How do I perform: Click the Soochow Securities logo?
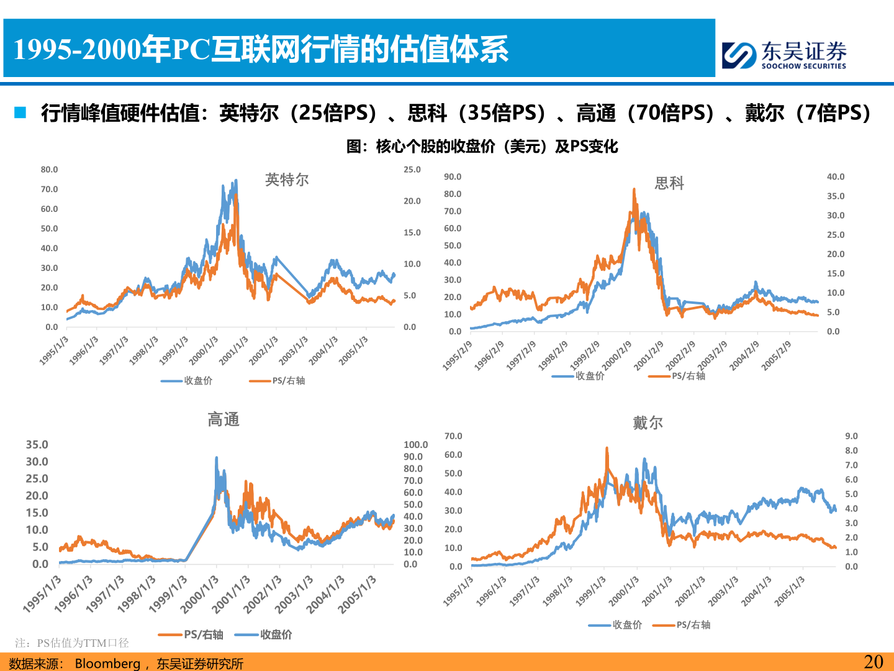coord(783,55)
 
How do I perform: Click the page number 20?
coord(873,662)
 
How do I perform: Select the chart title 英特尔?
coord(287,180)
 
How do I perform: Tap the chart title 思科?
coord(669,183)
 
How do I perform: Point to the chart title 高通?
coord(223,420)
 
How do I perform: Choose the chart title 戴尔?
coord(648,423)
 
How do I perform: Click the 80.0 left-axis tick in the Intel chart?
coord(49,170)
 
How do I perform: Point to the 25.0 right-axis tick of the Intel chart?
coord(412,170)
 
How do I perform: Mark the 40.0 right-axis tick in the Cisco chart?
coord(836,177)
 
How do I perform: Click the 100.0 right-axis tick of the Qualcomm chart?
coord(415,445)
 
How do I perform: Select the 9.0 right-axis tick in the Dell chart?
coord(851,436)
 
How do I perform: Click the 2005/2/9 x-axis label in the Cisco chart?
coord(777,355)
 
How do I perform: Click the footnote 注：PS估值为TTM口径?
coord(72,643)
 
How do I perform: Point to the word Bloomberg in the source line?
coord(107,664)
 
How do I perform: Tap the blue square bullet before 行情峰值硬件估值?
coord(20,112)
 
